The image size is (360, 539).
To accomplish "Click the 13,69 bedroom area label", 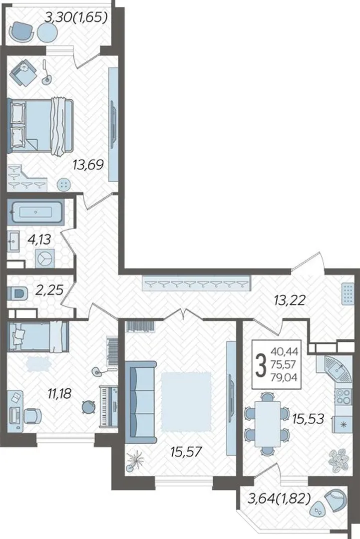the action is tap(88, 165).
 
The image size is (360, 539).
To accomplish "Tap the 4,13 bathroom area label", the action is tap(39, 239).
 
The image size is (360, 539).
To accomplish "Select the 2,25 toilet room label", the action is tap(49, 290).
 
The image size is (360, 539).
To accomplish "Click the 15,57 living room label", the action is tap(186, 451).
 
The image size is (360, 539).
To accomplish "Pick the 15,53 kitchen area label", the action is tap(308, 418).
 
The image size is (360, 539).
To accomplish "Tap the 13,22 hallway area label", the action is tap(290, 301).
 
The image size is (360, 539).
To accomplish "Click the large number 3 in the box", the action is tap(261, 365).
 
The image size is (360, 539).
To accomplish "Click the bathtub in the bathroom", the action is tap(36, 213).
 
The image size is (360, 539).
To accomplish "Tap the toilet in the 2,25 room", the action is tap(17, 294).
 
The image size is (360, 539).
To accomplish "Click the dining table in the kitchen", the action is tap(267, 424).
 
